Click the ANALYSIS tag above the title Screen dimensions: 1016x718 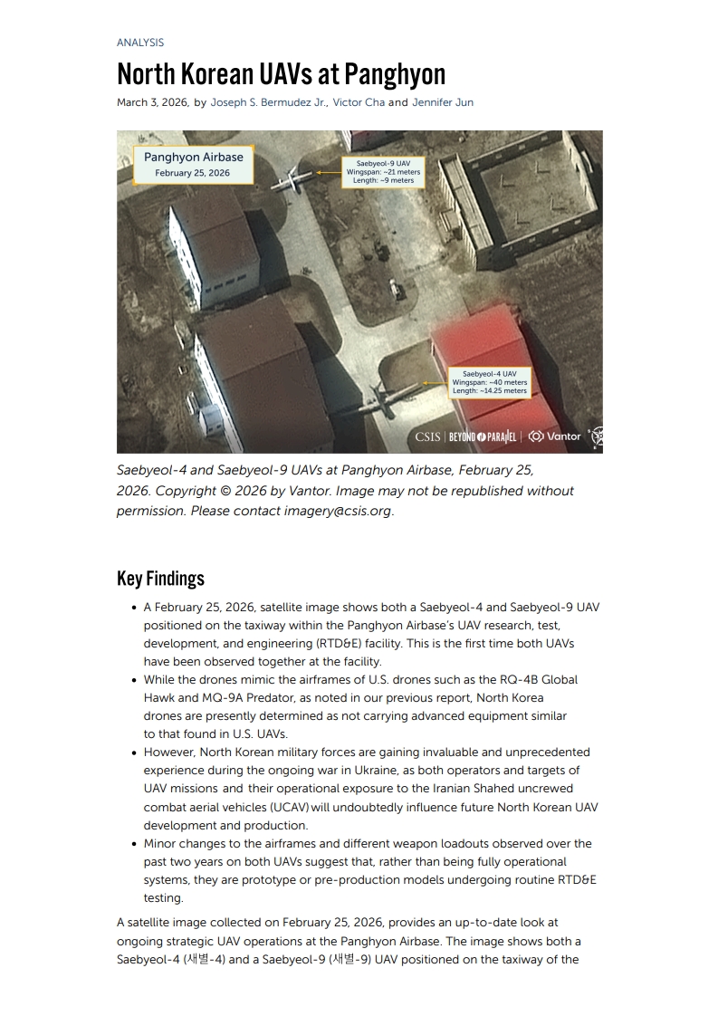(x=140, y=43)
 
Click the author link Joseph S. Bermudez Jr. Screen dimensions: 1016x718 (x=268, y=102)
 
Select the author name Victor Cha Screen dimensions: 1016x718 (x=359, y=102)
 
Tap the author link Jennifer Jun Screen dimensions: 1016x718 (x=443, y=102)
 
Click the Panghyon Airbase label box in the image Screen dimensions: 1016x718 (x=193, y=164)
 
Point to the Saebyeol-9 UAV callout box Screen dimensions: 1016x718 (x=383, y=171)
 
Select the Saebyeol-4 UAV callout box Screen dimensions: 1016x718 (x=489, y=382)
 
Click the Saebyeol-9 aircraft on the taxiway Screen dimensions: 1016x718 (x=295, y=178)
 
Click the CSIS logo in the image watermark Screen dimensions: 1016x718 (x=427, y=436)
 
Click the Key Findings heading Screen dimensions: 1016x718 (x=160, y=579)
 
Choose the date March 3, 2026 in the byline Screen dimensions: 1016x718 (x=152, y=102)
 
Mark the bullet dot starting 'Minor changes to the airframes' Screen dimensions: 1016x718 (x=134, y=843)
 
